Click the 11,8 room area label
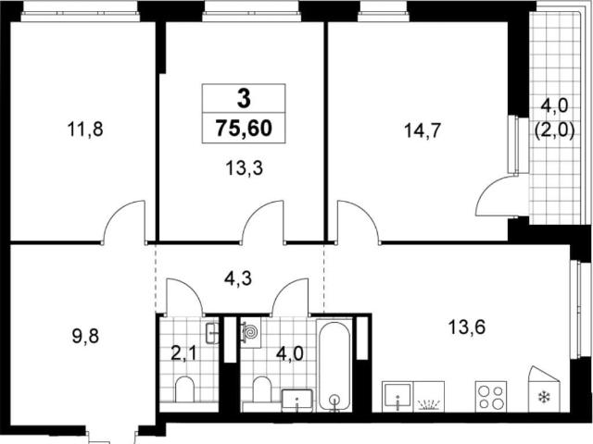[x=85, y=129]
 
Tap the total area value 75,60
[x=244, y=128]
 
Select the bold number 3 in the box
[x=244, y=99]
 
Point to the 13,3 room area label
[x=244, y=167]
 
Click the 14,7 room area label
[x=423, y=131]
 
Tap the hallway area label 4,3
[x=238, y=278]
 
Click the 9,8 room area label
[x=85, y=336]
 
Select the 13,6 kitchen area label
[x=467, y=327]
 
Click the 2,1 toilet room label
[x=185, y=355]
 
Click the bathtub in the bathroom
[x=334, y=365]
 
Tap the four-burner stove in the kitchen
[x=491, y=396]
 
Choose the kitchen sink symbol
[x=397, y=397]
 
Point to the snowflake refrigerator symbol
[x=545, y=397]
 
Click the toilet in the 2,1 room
[x=185, y=388]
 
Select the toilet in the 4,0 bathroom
[x=261, y=388]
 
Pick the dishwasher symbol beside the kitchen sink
[x=429, y=397]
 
